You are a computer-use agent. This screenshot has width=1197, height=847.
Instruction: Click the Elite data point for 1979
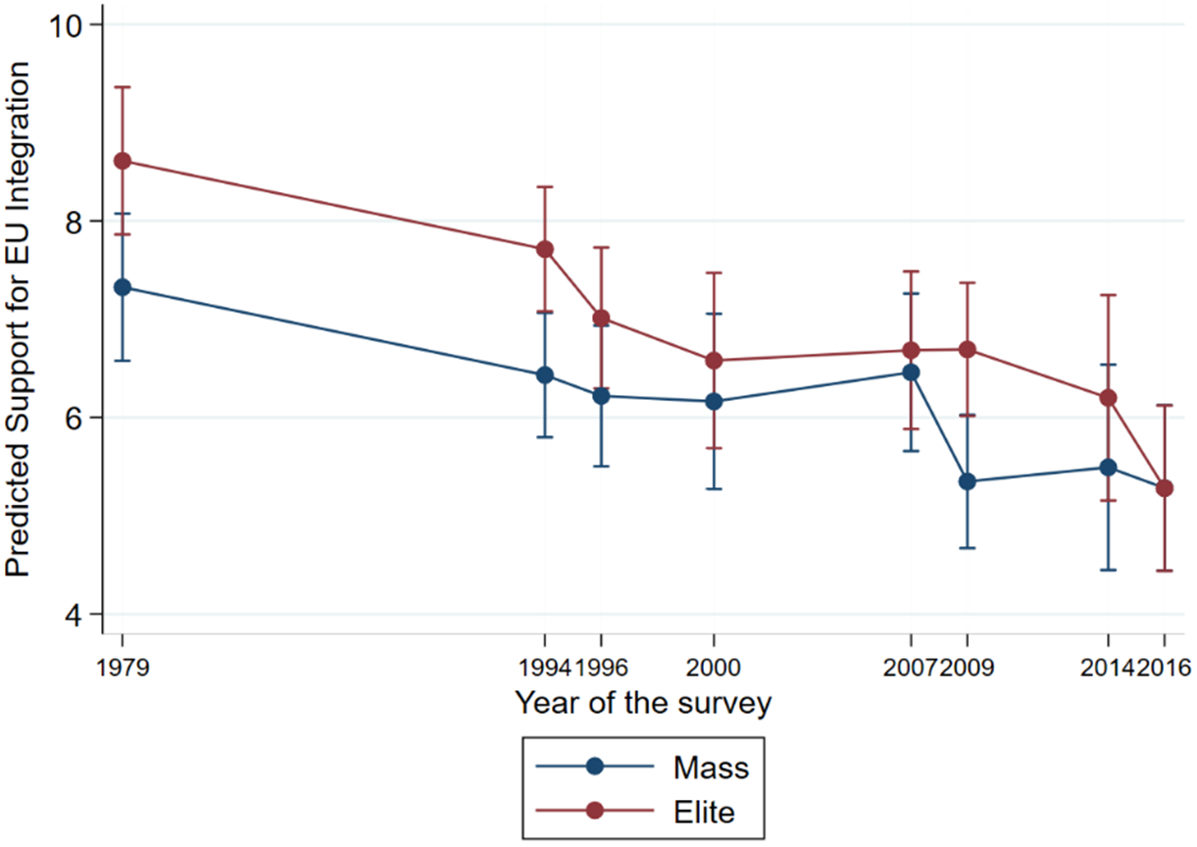[123, 161]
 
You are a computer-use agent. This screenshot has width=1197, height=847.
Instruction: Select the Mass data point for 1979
[123, 287]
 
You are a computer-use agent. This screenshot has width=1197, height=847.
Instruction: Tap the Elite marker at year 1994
[544, 249]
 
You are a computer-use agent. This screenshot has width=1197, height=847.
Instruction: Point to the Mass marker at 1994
[544, 374]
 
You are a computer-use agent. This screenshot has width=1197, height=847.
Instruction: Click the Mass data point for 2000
[713, 401]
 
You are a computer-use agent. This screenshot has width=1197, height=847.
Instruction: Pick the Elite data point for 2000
[713, 361]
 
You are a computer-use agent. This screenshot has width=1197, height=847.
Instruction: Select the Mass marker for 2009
[968, 481]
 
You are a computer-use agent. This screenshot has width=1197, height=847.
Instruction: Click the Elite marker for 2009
[968, 350]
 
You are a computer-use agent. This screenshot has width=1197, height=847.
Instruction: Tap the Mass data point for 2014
[1108, 468]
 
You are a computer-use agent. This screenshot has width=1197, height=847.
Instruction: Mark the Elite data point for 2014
[1108, 398]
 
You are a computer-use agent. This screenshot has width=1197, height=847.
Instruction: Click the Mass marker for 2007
[911, 373]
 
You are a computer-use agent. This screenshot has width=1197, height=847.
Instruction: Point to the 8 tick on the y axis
[75, 222]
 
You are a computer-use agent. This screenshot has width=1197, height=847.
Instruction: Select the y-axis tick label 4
[75, 615]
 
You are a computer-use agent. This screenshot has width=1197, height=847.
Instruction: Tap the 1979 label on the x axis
[123, 667]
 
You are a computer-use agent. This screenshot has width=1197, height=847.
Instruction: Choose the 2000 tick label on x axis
[713, 667]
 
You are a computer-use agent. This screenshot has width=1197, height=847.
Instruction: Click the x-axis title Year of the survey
[643, 703]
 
